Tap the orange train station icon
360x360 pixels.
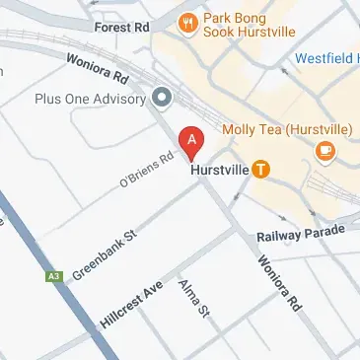click(260, 169)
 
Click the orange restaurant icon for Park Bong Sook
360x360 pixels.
click(185, 21)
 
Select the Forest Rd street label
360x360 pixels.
click(120, 29)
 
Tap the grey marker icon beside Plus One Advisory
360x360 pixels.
click(162, 98)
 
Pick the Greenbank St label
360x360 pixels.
click(103, 253)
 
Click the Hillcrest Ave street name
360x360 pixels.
click(130, 305)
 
